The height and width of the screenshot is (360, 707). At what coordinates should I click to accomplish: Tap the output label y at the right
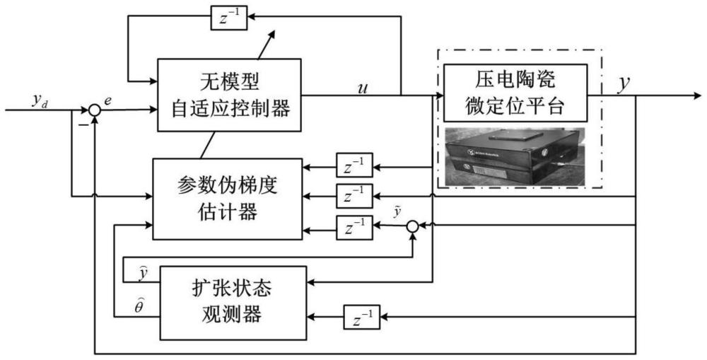tap(624, 83)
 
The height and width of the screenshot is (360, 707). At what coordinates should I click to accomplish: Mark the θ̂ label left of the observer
tap(141, 305)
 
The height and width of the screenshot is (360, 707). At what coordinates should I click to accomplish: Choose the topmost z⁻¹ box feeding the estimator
tap(354, 168)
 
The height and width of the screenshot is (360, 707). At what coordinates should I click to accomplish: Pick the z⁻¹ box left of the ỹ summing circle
tap(354, 227)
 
